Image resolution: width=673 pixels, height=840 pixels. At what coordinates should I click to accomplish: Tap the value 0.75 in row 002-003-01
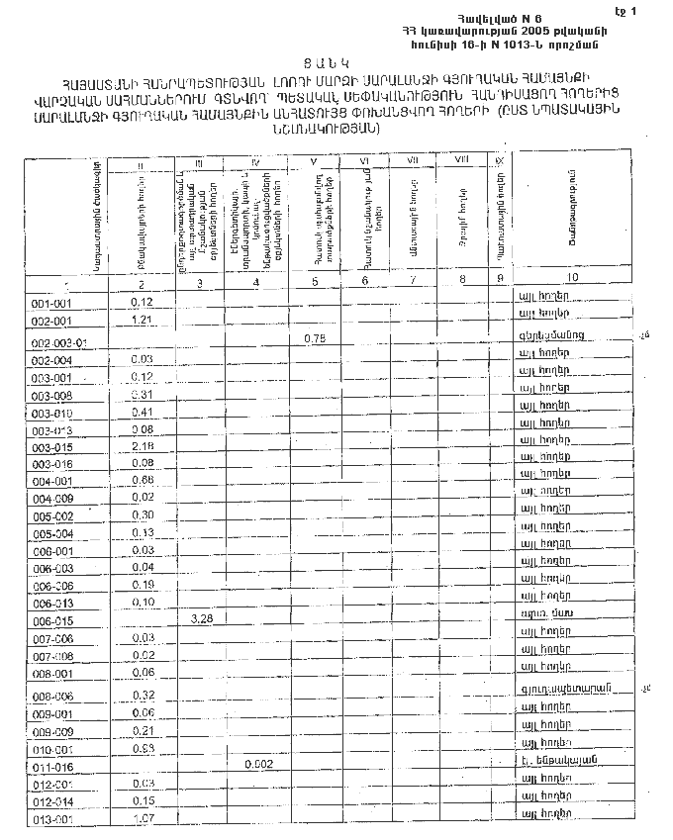[314, 338]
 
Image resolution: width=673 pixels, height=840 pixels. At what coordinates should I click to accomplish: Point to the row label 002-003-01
[60, 342]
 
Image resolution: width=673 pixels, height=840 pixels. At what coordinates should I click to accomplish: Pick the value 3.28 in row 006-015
[200, 618]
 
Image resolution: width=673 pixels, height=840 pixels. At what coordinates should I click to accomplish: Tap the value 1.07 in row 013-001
[142, 818]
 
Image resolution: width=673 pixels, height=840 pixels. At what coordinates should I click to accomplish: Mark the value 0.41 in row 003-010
[142, 412]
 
